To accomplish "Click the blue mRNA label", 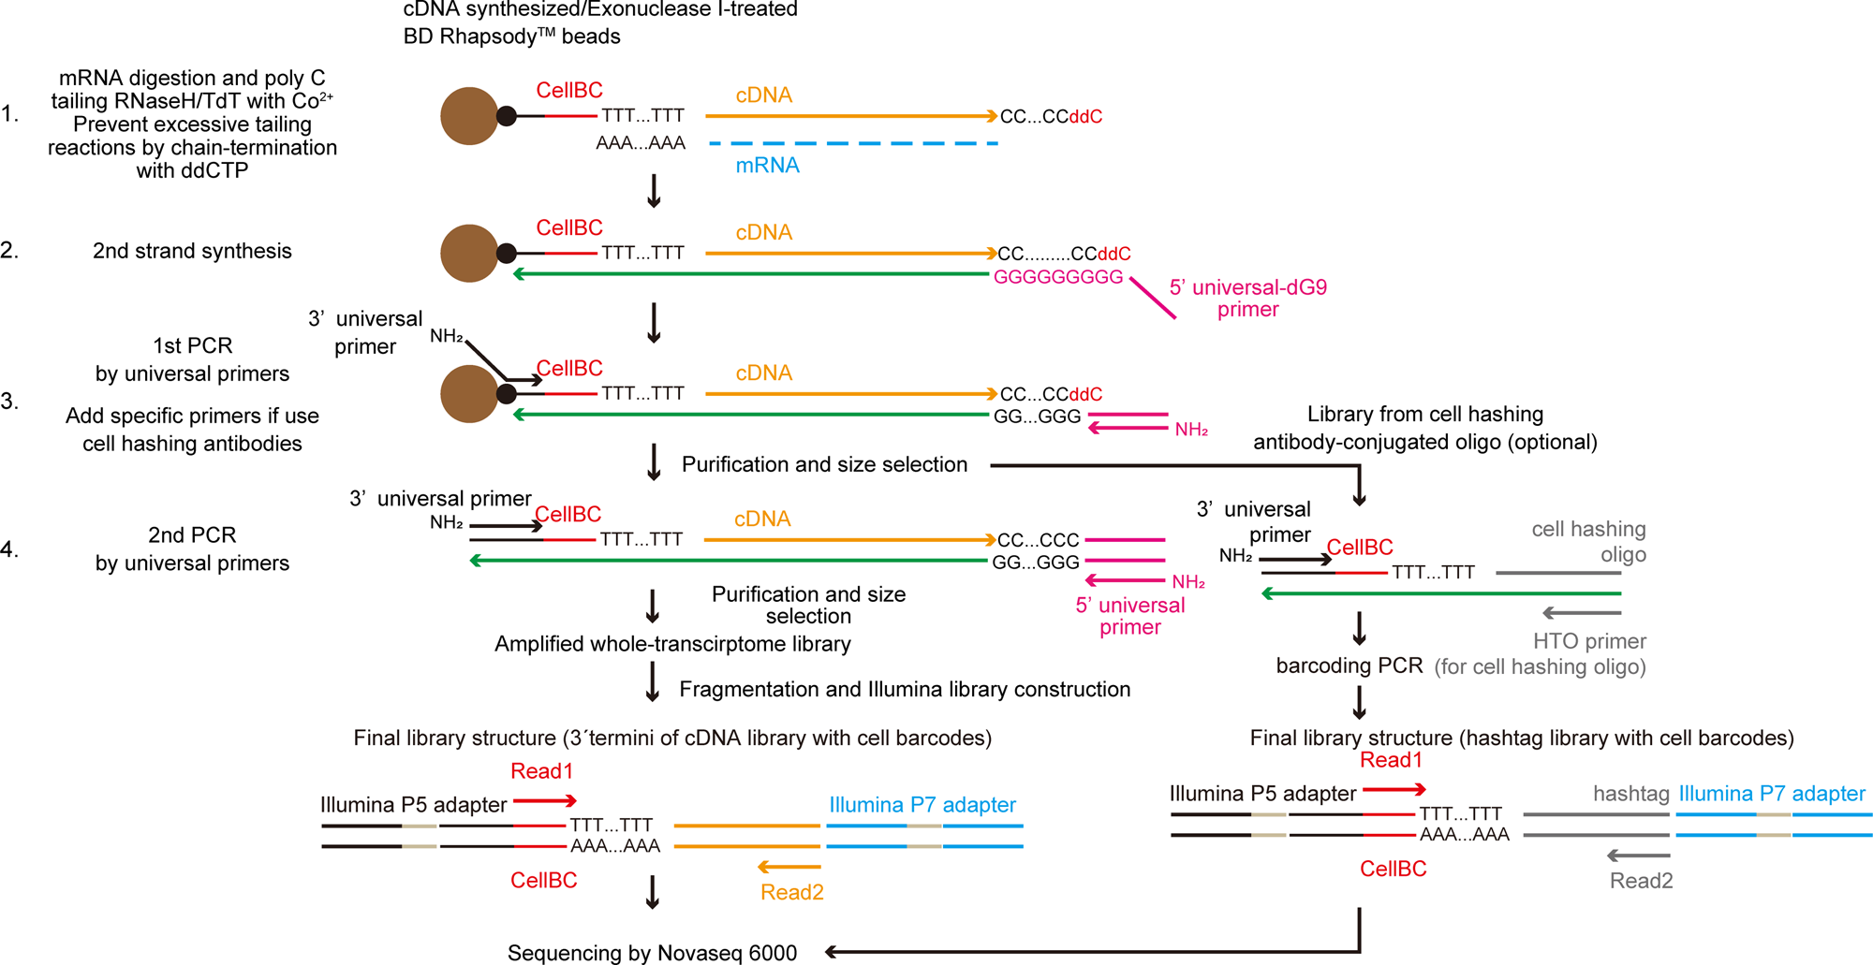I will [767, 166].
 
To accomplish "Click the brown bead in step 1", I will [469, 116].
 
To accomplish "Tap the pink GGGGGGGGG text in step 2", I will [1057, 277].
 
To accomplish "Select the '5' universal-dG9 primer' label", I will [1247, 298].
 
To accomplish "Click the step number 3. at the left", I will [9, 402].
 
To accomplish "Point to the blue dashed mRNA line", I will [853, 143].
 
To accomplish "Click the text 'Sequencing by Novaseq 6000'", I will [652, 953].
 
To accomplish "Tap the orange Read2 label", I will [791, 892].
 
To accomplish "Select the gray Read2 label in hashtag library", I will [1641, 881].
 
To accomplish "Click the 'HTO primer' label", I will [1589, 641].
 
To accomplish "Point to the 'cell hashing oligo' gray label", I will [1589, 541].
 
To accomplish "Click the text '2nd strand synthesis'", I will [192, 251].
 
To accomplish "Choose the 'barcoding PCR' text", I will [1349, 665].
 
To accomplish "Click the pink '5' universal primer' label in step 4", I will [1129, 616].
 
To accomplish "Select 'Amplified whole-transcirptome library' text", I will [672, 644].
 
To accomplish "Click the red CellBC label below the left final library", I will [543, 880].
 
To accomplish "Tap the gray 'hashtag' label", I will [1630, 794].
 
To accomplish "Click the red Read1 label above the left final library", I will [541, 771].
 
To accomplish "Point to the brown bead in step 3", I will [469, 394].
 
